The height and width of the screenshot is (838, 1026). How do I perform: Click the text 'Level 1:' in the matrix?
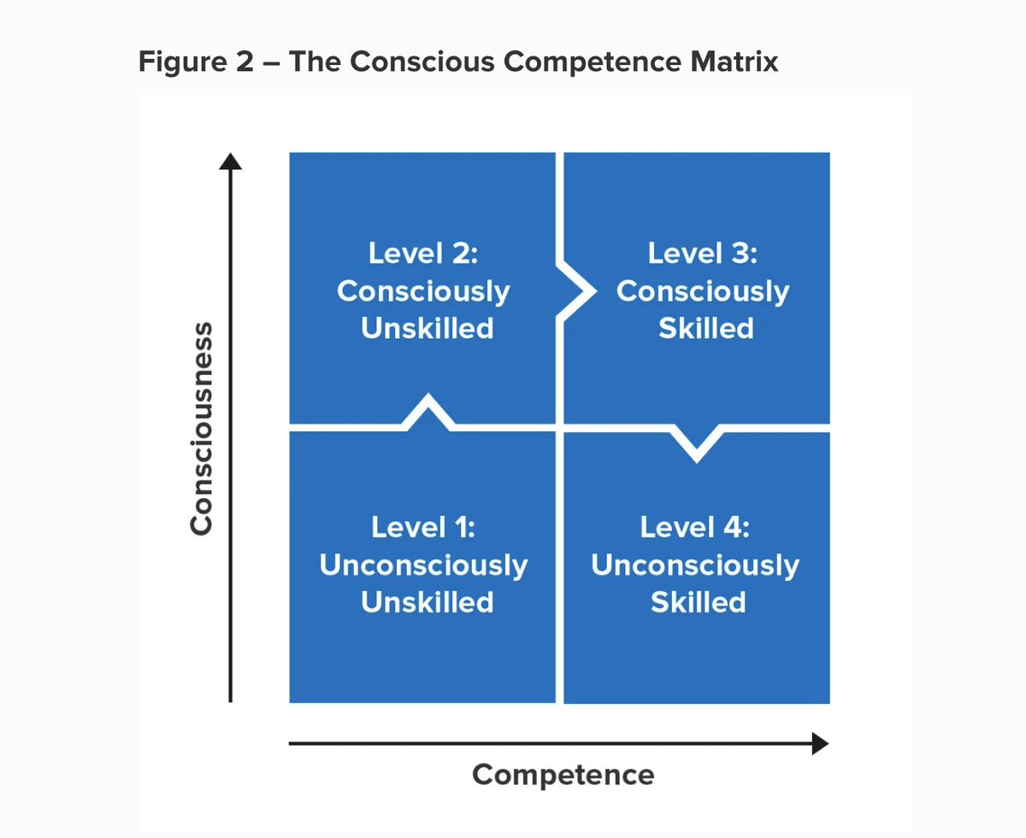pyautogui.click(x=423, y=527)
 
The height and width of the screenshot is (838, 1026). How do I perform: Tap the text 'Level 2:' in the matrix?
pyautogui.click(x=422, y=254)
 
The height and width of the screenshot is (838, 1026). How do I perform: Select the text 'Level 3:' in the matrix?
pyautogui.click(x=702, y=254)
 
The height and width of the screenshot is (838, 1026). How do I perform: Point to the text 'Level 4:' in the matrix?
pyautogui.click(x=694, y=527)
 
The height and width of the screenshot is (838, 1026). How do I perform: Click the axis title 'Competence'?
pyautogui.click(x=563, y=775)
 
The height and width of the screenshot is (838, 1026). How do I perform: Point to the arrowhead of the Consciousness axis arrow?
pyautogui.click(x=231, y=161)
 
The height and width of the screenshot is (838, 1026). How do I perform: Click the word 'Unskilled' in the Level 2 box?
pyautogui.click(x=427, y=329)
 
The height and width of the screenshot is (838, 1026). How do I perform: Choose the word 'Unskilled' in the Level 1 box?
pyautogui.click(x=427, y=602)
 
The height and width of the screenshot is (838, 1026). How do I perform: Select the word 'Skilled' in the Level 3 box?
pyautogui.click(x=705, y=329)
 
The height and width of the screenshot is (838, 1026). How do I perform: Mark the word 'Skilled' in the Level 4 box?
pyautogui.click(x=698, y=602)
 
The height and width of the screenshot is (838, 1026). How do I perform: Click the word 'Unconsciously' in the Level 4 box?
pyautogui.click(x=694, y=566)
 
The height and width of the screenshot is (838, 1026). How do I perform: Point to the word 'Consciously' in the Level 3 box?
pyautogui.click(x=702, y=291)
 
